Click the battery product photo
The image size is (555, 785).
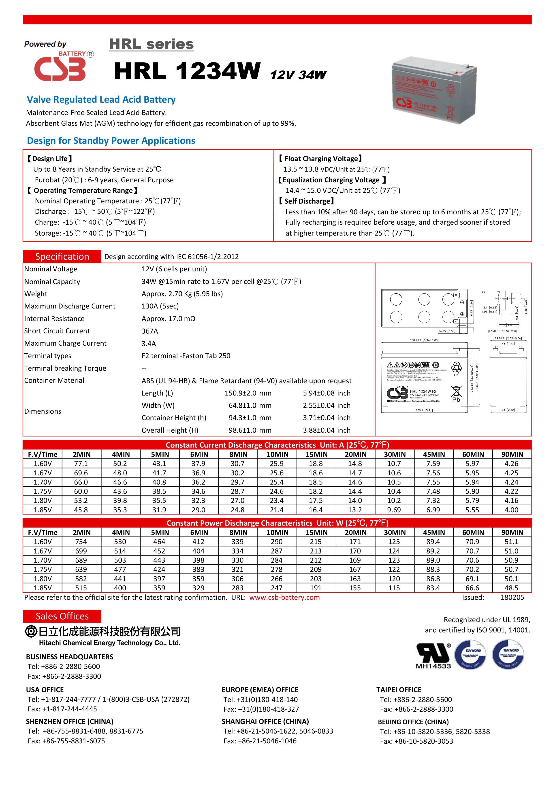434,90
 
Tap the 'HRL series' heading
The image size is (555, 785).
151,45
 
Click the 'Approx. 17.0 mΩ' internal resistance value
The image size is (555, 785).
168,319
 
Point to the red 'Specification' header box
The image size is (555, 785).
62,256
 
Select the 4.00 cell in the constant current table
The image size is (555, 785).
512,510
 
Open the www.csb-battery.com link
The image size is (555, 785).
284,597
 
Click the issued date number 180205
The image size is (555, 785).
512,597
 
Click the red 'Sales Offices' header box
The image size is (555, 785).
62,616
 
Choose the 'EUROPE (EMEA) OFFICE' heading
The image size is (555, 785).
260,690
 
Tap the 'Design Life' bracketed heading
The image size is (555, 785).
50,159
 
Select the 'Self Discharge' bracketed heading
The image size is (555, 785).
306,201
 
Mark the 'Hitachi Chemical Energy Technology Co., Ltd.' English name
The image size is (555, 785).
109,643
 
